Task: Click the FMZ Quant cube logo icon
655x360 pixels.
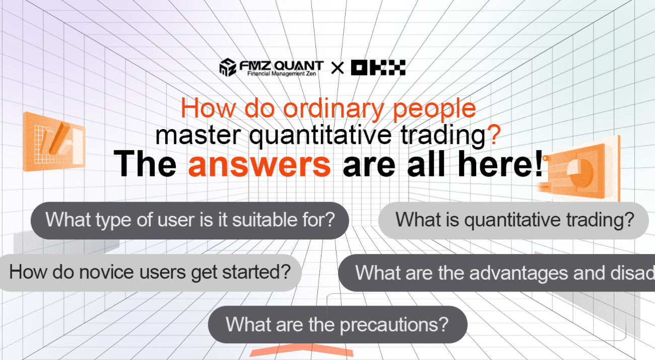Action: (228, 67)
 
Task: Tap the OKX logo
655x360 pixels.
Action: (378, 67)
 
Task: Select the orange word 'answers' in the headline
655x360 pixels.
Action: (259, 164)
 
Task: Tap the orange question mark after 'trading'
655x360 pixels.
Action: (494, 136)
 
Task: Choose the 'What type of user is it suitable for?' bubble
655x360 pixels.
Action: (190, 220)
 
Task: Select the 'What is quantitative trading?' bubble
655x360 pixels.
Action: (513, 220)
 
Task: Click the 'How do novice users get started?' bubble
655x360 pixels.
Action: (150, 272)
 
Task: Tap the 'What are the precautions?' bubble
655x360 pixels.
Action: (337, 324)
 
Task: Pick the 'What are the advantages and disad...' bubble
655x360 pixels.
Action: (496, 273)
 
